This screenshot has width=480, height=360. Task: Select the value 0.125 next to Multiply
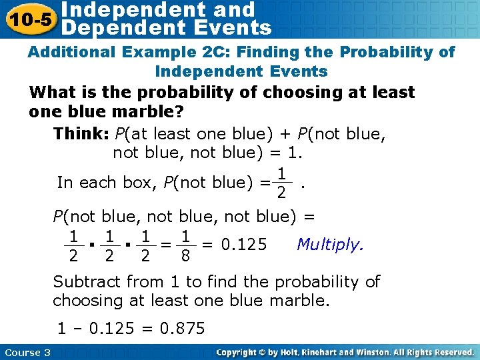coord(244,245)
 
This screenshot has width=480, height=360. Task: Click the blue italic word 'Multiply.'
coord(331,244)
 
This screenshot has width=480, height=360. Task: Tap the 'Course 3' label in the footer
coord(27,352)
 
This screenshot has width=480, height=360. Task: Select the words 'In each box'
coord(106,182)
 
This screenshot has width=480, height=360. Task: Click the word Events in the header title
coord(231,28)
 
